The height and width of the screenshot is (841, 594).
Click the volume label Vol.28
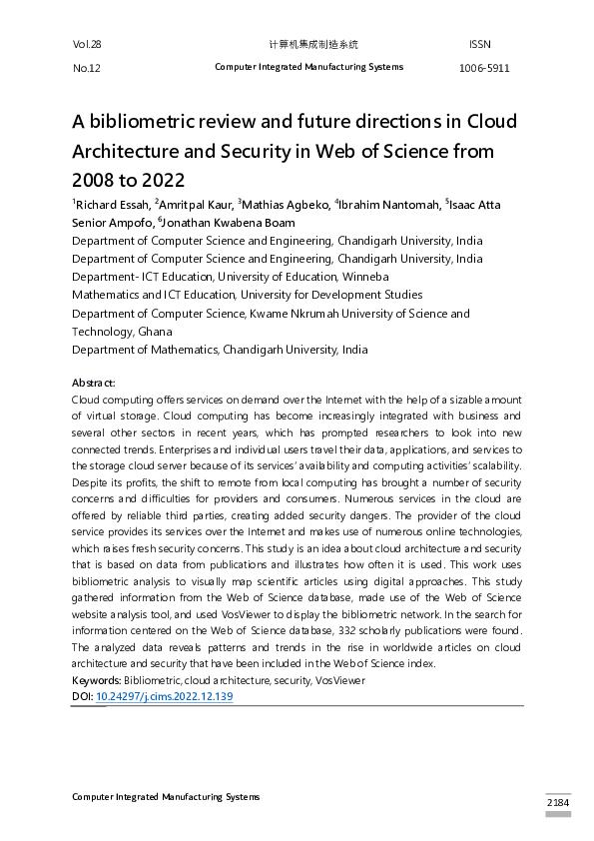87,45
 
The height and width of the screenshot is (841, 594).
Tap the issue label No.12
87,68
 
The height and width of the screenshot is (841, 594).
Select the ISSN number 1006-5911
483,68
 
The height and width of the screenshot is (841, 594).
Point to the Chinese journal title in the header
313,45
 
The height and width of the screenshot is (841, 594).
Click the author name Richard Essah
112,205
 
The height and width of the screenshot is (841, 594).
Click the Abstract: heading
94,383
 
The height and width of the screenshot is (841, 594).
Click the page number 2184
558,803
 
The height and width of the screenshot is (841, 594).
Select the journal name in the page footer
166,797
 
